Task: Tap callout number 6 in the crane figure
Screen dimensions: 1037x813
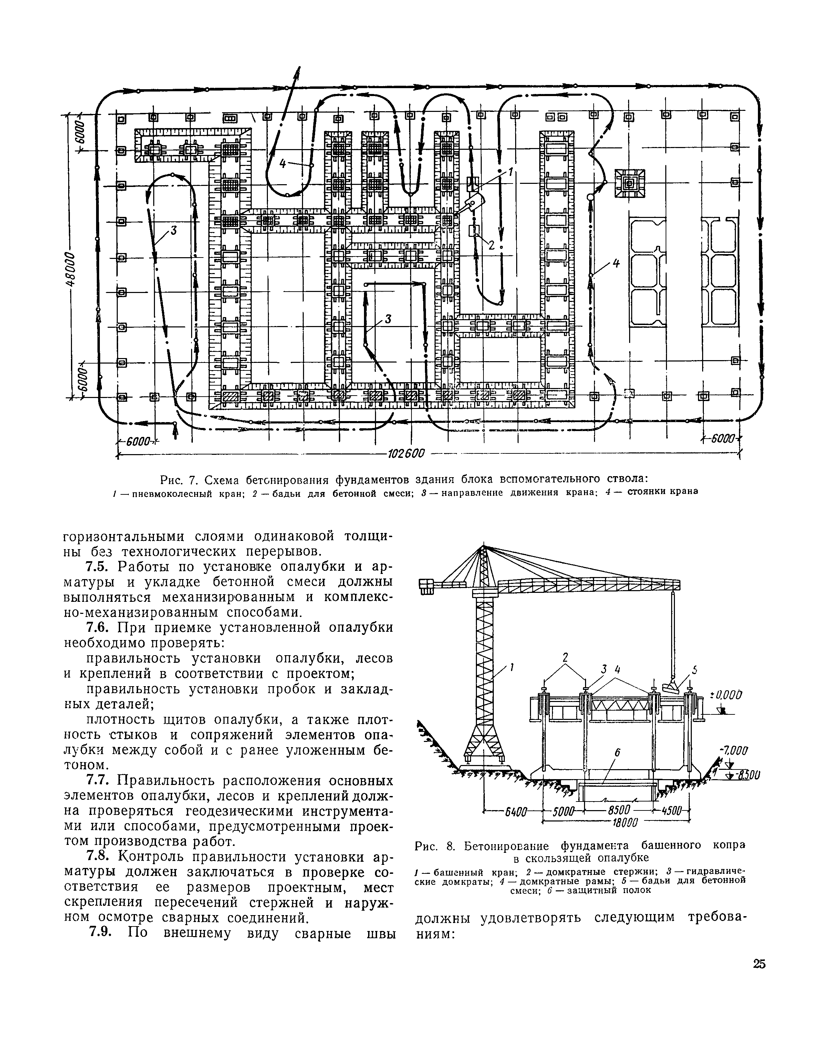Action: (x=617, y=753)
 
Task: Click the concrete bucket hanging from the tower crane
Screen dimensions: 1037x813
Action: (x=673, y=687)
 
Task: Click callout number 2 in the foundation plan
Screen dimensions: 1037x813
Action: (x=492, y=245)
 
